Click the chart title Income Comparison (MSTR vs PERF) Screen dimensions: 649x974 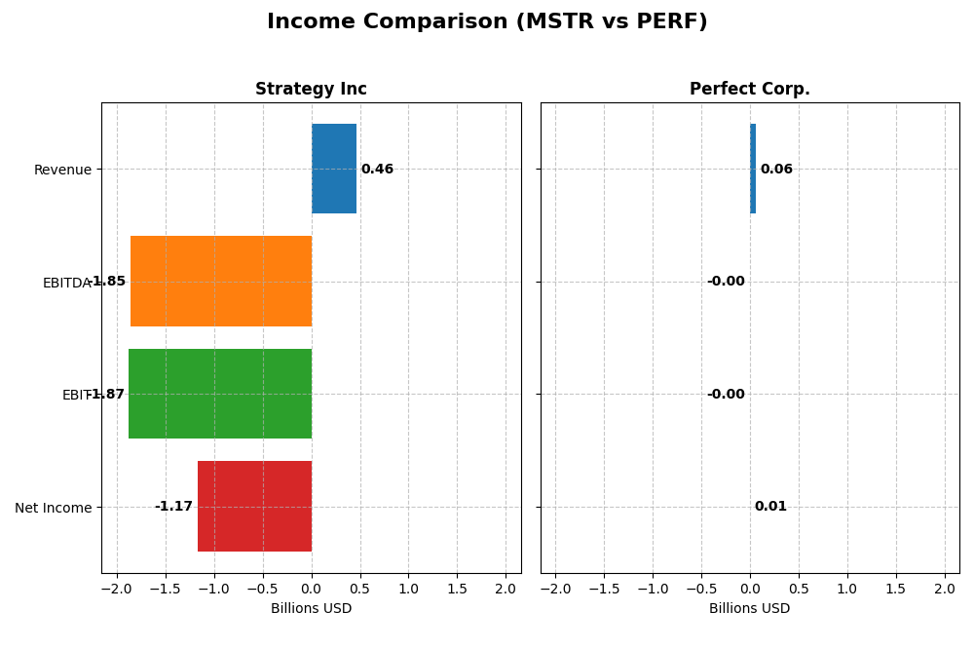(487, 22)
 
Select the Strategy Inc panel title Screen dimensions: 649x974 (311, 90)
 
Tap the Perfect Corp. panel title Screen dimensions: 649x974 (749, 90)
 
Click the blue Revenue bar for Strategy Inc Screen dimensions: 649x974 (333, 169)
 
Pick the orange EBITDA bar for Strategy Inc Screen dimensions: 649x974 (221, 282)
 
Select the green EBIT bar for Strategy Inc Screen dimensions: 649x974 (220, 394)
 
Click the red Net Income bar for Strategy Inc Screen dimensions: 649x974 (254, 507)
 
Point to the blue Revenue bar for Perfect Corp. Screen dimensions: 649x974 (753, 169)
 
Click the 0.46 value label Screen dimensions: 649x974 (377, 170)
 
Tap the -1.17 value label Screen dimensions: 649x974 (173, 507)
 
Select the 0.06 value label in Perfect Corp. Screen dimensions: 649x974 (776, 170)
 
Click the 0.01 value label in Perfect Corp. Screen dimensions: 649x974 (770, 507)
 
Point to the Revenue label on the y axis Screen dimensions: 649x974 (62, 171)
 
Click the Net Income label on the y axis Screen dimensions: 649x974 (54, 508)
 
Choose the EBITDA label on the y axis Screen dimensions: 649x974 (67, 284)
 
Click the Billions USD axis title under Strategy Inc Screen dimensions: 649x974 (311, 609)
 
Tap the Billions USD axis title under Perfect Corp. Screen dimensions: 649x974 (749, 609)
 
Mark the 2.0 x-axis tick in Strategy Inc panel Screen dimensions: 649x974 (506, 590)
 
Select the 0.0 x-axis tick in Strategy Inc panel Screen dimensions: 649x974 (311, 590)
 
